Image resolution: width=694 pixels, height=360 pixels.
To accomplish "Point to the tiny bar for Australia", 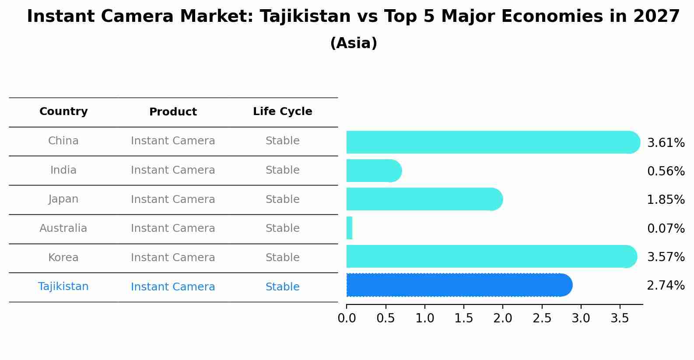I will click(349, 228).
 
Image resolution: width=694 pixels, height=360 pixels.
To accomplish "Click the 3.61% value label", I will click(666, 143).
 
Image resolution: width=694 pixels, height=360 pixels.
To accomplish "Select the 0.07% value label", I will click(666, 228).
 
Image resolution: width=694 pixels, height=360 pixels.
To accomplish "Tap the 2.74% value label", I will click(666, 286).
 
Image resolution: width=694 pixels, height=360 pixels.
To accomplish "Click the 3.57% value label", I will click(666, 257).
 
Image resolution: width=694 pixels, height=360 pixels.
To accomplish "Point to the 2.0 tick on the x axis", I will click(503, 318).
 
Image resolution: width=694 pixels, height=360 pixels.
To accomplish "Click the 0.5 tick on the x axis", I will click(386, 318).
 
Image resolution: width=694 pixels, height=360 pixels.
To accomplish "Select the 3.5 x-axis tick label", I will click(620, 318).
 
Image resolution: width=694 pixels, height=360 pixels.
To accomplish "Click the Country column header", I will click(63, 112).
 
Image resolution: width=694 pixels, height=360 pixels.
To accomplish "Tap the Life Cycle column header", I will click(282, 112).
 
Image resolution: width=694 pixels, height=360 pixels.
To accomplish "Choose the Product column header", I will click(173, 112).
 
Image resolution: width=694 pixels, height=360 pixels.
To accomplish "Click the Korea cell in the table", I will click(63, 258).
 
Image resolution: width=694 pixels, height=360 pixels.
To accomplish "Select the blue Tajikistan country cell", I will click(63, 287).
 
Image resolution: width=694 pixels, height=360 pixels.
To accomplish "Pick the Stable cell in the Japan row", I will click(282, 199).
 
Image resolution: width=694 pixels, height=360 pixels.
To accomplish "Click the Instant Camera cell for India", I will click(173, 170).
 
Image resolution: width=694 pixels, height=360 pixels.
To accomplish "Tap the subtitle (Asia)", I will click(354, 43).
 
